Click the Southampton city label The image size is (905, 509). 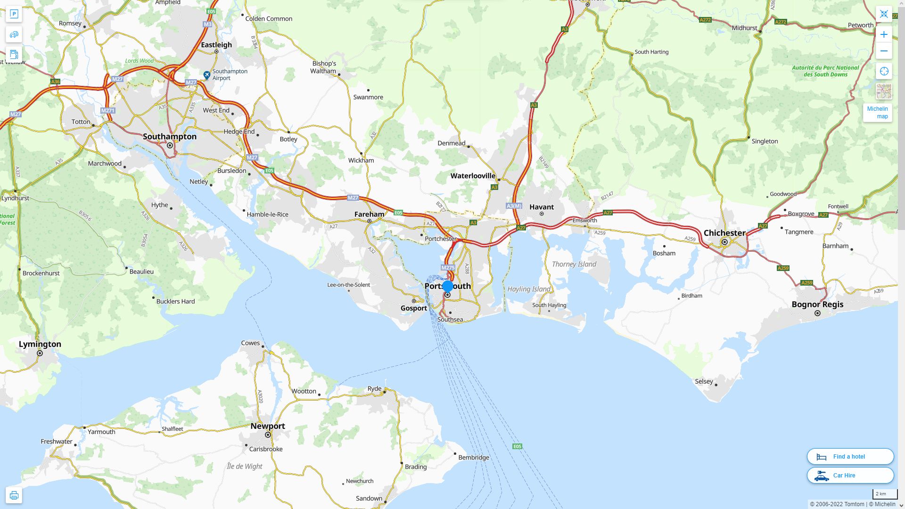(170, 136)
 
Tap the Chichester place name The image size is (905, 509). (724, 233)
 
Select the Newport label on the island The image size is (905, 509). (268, 426)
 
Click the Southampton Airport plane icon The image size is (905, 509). (206, 75)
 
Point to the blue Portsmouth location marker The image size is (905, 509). (448, 286)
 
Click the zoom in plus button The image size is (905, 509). (884, 34)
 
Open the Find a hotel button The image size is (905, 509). (850, 456)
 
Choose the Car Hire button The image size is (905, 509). (850, 475)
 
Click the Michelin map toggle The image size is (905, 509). (877, 112)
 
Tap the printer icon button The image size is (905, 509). (14, 495)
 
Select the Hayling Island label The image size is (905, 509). (529, 289)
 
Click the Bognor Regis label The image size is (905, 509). (817, 304)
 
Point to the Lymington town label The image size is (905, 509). (40, 344)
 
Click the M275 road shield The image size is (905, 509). (448, 267)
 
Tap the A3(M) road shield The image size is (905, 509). (514, 206)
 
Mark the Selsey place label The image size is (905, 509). (704, 381)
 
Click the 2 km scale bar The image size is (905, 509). (884, 494)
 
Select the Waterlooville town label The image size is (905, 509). (473, 176)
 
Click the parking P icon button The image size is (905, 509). (14, 14)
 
